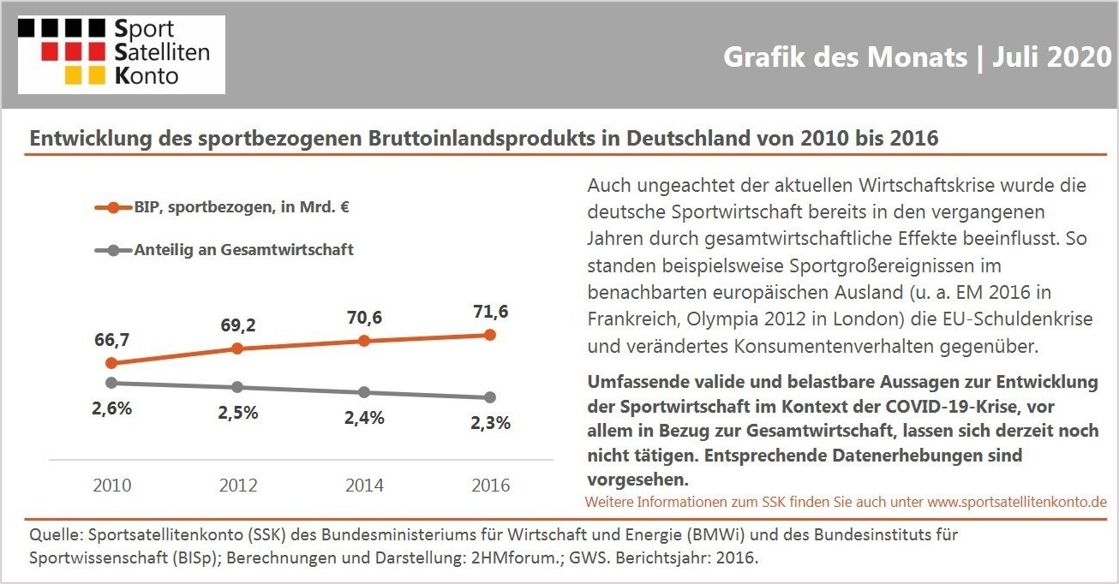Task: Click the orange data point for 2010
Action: point(112,363)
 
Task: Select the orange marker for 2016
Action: point(490,335)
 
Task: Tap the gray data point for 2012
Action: point(238,387)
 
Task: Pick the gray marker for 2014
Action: point(364,392)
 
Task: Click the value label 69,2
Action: point(238,325)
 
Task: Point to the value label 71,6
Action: point(491,312)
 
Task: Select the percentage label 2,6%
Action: point(112,408)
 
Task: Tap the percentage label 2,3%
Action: point(491,423)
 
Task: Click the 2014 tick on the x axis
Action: point(365,486)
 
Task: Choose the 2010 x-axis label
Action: point(112,486)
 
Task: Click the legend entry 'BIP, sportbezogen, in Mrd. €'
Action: point(222,207)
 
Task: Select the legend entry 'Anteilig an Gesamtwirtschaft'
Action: point(224,249)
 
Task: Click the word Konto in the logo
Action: point(147,76)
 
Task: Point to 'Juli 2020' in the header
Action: point(1052,57)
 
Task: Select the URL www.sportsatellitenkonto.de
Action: point(1017,502)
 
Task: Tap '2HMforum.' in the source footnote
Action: point(517,557)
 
